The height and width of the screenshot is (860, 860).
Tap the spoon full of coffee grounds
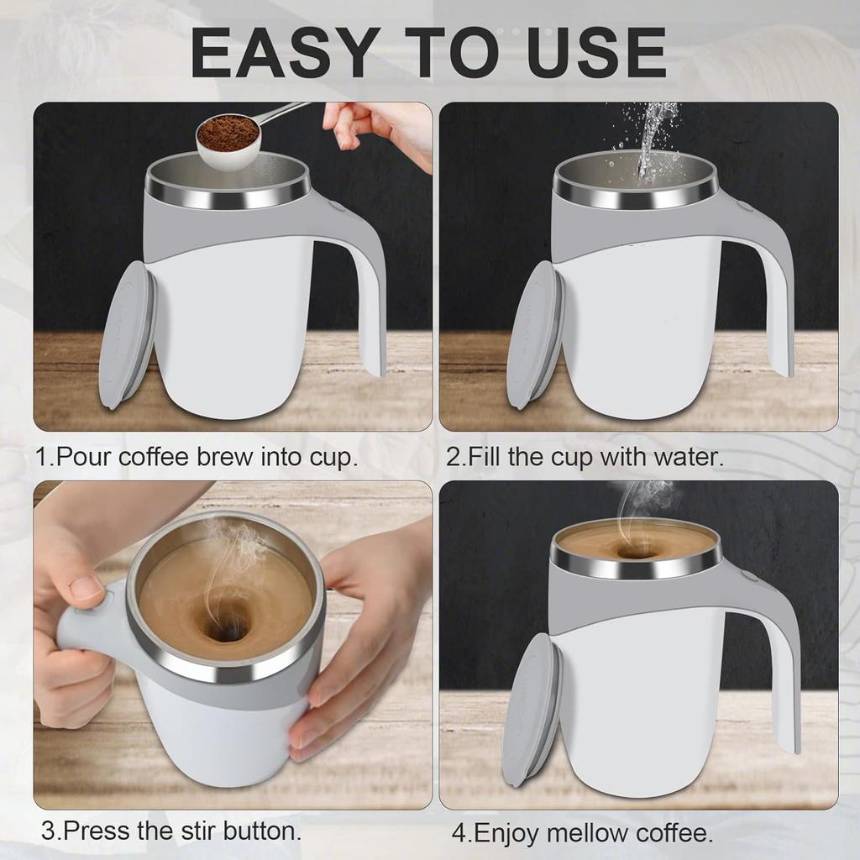(x=228, y=139)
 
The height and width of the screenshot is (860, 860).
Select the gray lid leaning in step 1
(x=128, y=336)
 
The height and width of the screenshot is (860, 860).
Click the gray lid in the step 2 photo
(x=535, y=336)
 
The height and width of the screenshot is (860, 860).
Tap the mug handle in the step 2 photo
(x=777, y=302)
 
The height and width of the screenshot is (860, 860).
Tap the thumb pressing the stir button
(x=84, y=588)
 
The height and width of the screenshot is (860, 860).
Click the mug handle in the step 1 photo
(x=370, y=302)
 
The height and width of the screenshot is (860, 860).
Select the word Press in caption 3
(x=93, y=831)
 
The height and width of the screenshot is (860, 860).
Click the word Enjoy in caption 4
(x=505, y=834)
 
